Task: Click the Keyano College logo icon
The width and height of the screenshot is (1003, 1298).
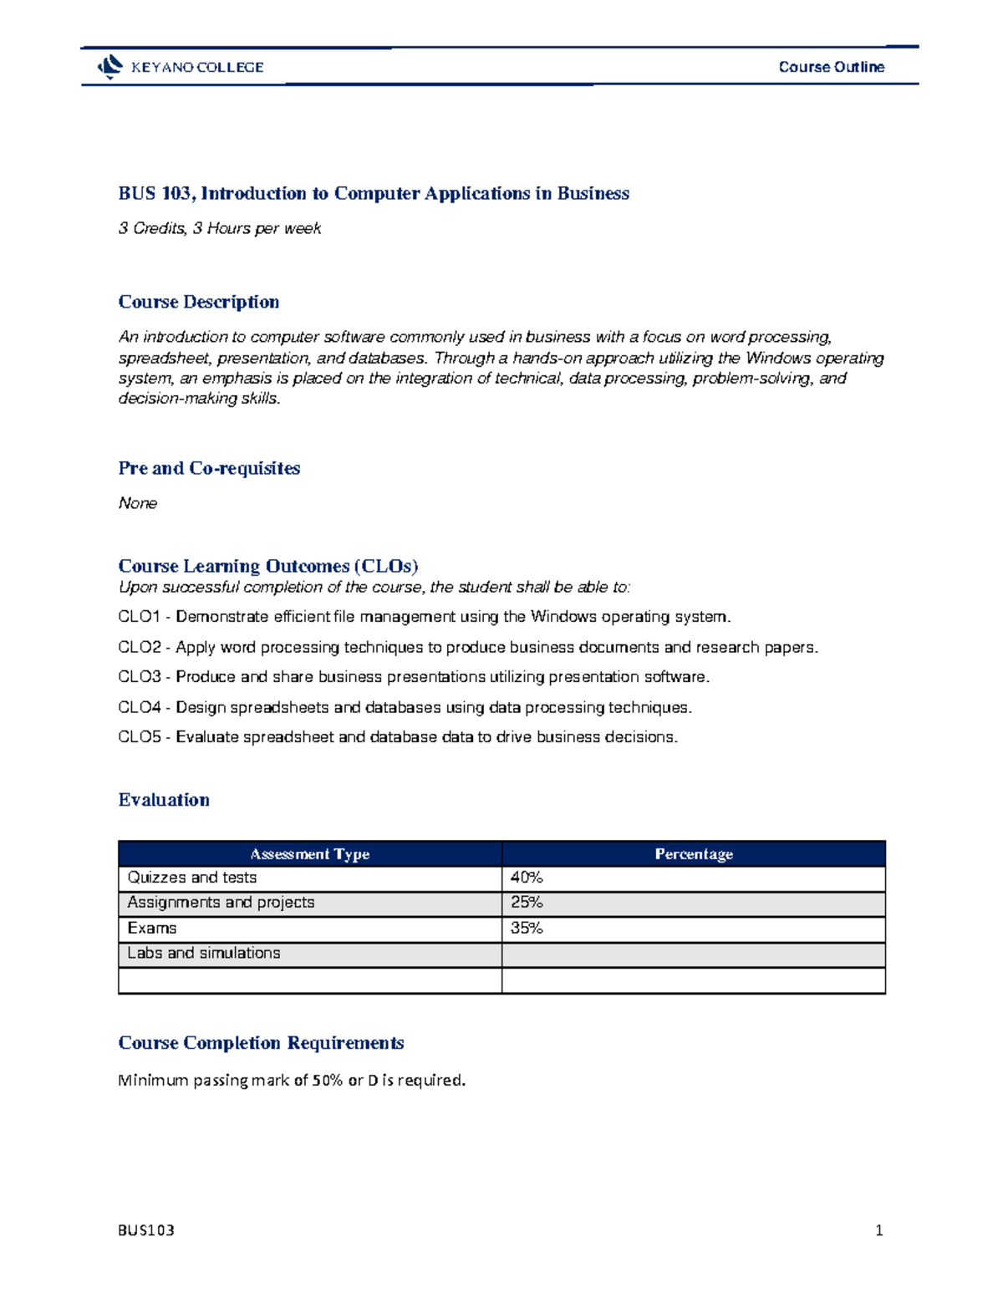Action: coord(109,67)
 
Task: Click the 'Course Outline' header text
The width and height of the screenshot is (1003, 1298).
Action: coord(831,67)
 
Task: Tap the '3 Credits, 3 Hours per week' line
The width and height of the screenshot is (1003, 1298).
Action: coord(220,228)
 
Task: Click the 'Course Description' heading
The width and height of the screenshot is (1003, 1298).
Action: coord(199,302)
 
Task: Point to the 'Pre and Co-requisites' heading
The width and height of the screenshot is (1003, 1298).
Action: coord(209,468)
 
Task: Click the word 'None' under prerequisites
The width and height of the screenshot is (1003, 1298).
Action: coord(138,503)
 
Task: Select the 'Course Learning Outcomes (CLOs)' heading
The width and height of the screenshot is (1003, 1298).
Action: coord(268,566)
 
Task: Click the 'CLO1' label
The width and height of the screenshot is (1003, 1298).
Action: coord(139,617)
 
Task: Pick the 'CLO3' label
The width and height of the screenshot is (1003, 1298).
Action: coord(139,677)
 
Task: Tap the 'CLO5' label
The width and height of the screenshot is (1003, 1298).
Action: coord(139,737)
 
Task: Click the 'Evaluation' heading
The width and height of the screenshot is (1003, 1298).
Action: coord(164,800)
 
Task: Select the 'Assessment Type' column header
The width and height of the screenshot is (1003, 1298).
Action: coord(310,854)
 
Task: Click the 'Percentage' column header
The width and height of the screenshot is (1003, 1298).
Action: coord(694,854)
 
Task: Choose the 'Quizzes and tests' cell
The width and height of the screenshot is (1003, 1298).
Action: coord(192,878)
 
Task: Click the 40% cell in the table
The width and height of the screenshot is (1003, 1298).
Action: coord(527,878)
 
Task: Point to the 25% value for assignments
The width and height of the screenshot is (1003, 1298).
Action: coord(527,903)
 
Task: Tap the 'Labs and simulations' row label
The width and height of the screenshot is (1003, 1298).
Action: coord(204,954)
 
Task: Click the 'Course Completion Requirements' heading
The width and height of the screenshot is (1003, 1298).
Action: coord(261,1043)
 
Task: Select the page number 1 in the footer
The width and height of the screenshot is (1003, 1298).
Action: coord(878,1230)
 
